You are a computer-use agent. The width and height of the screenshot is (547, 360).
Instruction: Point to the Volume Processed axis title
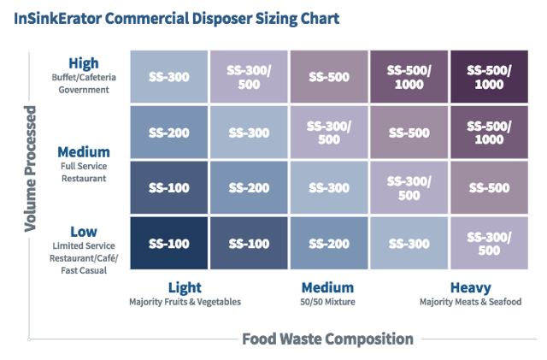click(31, 168)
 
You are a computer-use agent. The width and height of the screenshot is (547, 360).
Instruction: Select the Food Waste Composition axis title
click(327, 339)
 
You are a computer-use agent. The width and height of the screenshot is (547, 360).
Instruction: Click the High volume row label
click(85, 62)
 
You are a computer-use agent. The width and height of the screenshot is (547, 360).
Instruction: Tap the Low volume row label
click(85, 231)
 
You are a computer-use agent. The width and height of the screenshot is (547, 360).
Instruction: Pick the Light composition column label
click(185, 287)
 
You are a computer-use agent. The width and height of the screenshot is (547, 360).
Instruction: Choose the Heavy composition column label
click(470, 287)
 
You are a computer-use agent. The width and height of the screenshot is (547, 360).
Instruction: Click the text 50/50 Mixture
click(327, 302)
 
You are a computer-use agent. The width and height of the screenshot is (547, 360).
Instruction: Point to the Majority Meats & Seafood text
click(470, 302)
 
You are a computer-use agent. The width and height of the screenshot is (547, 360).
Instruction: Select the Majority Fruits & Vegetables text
click(185, 302)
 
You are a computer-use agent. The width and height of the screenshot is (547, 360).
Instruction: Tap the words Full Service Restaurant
click(84, 173)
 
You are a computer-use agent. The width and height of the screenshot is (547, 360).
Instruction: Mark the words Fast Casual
click(84, 269)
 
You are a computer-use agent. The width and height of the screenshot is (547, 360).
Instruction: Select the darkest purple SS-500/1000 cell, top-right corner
click(488, 77)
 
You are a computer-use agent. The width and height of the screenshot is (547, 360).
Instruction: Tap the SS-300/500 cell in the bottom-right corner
click(488, 244)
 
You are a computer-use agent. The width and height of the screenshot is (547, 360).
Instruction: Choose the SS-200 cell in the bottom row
click(327, 244)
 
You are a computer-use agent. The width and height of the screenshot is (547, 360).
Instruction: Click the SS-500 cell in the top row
click(327, 77)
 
